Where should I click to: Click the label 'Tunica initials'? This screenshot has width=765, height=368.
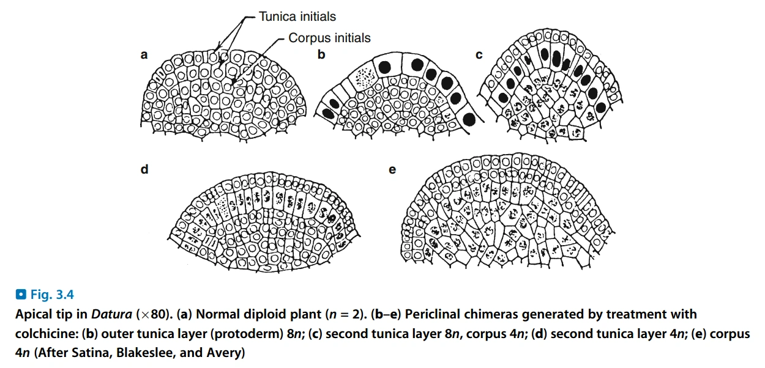297,17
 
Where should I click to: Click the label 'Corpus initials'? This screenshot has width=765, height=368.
329,38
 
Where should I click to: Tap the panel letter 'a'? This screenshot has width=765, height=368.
144,55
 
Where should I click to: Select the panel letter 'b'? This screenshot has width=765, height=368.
321,55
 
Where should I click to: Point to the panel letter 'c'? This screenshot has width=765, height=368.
479,55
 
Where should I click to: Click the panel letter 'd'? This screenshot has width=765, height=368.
144,169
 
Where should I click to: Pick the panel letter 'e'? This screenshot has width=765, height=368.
392,169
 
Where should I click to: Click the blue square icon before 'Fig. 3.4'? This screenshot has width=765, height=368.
21,295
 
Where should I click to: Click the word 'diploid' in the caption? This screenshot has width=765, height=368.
252,315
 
